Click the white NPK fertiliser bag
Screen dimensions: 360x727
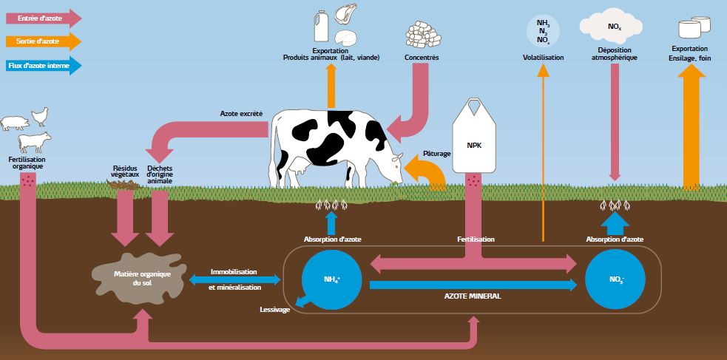tap(478, 140)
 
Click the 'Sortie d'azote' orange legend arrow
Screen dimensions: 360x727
tap(41, 41)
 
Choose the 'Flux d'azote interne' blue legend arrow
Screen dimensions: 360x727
tap(41, 66)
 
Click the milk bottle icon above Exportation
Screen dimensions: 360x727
tap(321, 25)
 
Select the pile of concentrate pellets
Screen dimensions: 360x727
tap(422, 35)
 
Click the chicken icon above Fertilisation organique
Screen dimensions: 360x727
tap(40, 115)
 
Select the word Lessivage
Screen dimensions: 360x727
tap(274, 309)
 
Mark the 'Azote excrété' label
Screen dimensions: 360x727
tap(241, 114)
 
